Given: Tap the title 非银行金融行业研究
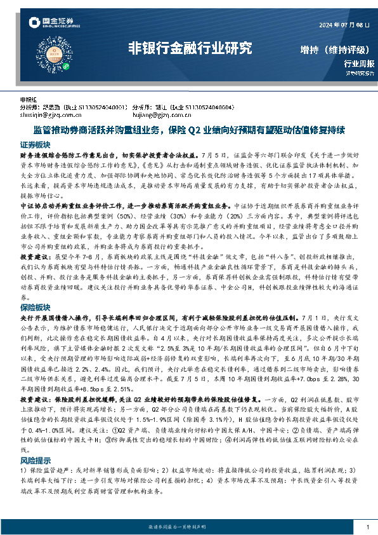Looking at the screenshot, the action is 190,48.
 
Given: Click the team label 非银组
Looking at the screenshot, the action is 29,100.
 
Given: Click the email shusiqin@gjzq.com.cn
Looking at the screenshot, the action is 50,115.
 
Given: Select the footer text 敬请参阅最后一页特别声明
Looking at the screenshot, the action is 188,528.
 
